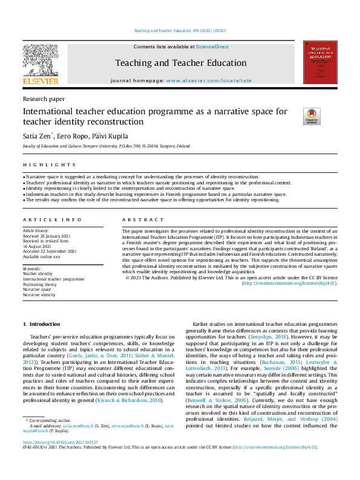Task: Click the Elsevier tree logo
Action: [x=41, y=62]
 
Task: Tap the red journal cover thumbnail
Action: [x=319, y=62]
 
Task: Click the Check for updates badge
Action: [x=312, y=116]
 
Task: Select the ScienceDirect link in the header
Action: [x=212, y=47]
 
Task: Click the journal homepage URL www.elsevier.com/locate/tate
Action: [x=209, y=80]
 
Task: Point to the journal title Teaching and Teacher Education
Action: [x=181, y=63]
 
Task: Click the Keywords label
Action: [x=32, y=268]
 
